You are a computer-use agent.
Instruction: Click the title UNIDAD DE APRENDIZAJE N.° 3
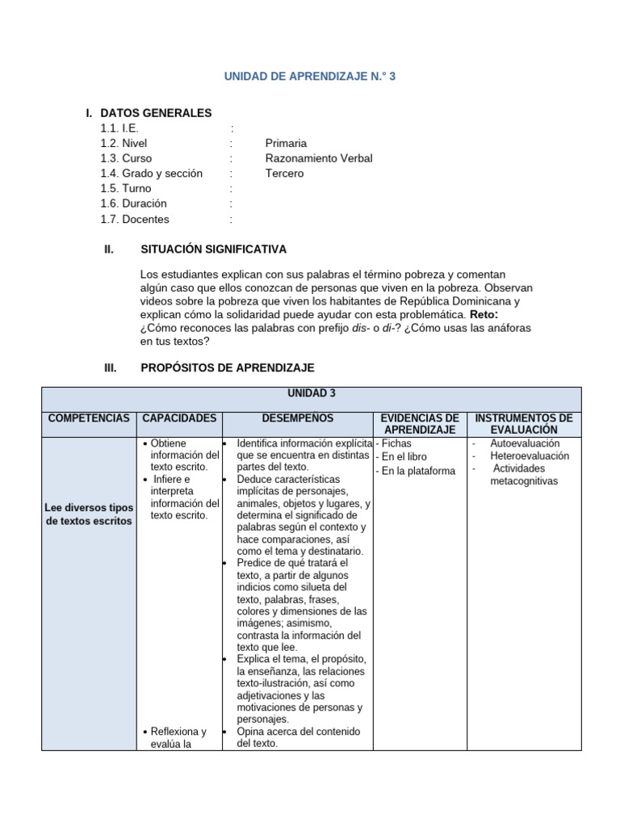(x=310, y=77)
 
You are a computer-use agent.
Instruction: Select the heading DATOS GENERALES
(x=156, y=113)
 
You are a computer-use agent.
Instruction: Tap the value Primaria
(x=286, y=143)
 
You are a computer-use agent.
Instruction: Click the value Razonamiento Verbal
(x=319, y=158)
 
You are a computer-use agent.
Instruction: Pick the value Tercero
(x=284, y=174)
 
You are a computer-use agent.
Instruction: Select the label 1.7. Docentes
(x=136, y=219)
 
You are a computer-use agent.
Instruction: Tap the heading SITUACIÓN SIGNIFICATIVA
(x=213, y=250)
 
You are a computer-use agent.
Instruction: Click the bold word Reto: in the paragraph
(x=484, y=314)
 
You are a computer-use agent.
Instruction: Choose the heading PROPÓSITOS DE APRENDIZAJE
(x=227, y=367)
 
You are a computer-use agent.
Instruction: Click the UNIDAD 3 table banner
(x=311, y=393)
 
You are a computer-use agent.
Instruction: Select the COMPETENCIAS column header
(x=89, y=418)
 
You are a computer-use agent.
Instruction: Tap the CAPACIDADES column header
(x=179, y=418)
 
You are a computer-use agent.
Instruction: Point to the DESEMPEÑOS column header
(x=298, y=418)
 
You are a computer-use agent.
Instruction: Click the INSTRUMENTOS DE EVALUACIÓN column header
(x=523, y=424)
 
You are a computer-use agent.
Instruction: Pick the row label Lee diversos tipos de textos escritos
(x=89, y=514)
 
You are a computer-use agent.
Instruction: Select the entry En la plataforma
(x=415, y=471)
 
